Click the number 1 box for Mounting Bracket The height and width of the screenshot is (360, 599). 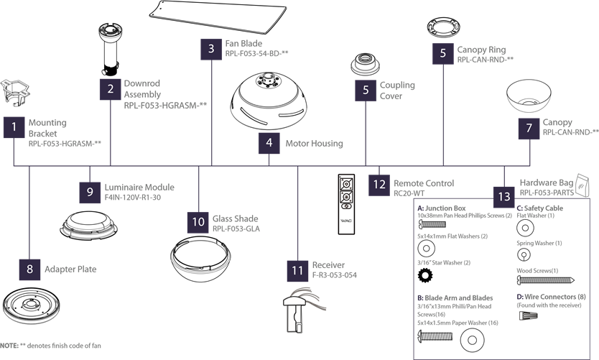point(14,127)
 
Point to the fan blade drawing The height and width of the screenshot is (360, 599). point(218,16)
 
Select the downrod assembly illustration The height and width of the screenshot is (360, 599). point(110,50)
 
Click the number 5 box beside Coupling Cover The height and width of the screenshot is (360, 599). point(366,91)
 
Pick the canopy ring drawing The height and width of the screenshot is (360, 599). point(443,29)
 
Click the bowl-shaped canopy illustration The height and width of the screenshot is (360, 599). point(529,96)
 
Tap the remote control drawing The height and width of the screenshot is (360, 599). point(346,204)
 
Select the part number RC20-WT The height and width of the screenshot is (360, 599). point(409,193)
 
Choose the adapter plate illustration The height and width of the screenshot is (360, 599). point(32,305)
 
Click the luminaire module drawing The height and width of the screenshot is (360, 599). point(88,226)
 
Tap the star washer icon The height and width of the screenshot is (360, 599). point(426,275)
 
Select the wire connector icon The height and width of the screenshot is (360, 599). point(529,315)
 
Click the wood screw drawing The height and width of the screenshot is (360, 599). point(546,280)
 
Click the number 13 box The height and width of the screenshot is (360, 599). point(504,196)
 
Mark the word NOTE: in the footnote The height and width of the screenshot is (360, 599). point(9,346)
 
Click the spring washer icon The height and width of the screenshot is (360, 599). point(524,254)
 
